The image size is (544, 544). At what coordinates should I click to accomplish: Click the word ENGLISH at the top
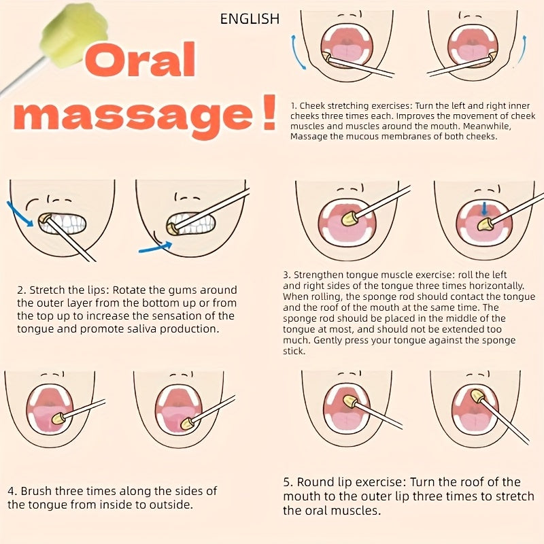coord(250,19)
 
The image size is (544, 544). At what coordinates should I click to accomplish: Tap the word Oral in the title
coord(140,59)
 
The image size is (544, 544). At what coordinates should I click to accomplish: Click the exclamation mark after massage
coord(269,112)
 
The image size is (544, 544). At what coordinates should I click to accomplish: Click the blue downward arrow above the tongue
coord(484,209)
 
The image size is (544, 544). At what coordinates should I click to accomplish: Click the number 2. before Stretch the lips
coord(22,290)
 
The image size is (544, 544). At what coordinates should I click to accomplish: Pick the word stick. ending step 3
coord(294,351)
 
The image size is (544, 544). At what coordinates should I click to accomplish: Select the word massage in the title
coord(133,116)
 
